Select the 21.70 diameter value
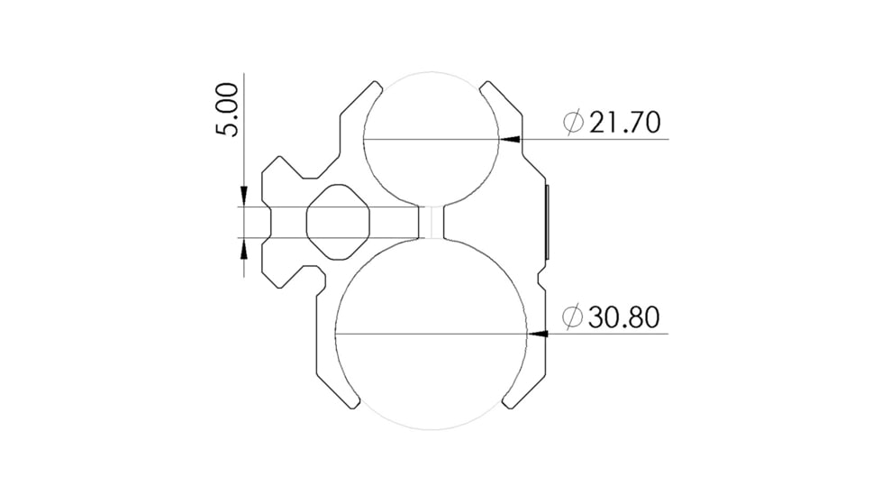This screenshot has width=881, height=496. click(624, 122)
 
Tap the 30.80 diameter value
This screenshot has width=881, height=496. click(624, 317)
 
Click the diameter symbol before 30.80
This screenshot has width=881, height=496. click(572, 317)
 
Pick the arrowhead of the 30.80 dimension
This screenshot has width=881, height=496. click(538, 334)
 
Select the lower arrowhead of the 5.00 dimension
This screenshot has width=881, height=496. click(244, 247)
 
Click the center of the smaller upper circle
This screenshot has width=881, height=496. click(431, 138)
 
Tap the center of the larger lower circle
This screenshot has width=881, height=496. click(430, 334)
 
